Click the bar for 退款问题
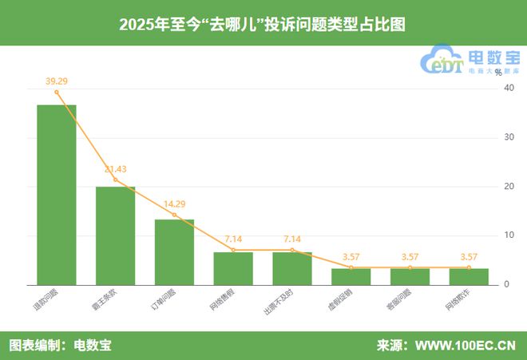pyautogui.click(x=57, y=195)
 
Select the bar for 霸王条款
pyautogui.click(x=115, y=235)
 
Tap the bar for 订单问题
pyautogui.click(x=174, y=251)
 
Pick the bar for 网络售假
pyautogui.click(x=233, y=268)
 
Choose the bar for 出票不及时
pyautogui.click(x=291, y=268)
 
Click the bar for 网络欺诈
pyautogui.click(x=469, y=276)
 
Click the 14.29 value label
pyautogui.click(x=174, y=204)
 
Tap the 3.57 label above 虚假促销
pyautogui.click(x=351, y=257)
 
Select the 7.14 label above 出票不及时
pyautogui.click(x=291, y=239)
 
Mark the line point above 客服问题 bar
pyautogui.click(x=410, y=267)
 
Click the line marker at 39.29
pyautogui.click(x=57, y=92)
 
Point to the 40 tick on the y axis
pyautogui.click(x=508, y=88)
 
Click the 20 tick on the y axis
pyautogui.click(x=508, y=186)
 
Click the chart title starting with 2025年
pyautogui.click(x=263, y=24)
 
